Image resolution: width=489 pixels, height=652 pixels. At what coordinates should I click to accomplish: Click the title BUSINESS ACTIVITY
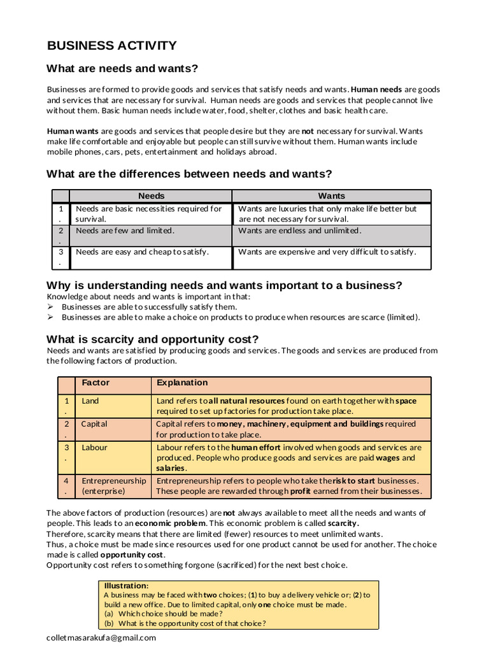[112, 45]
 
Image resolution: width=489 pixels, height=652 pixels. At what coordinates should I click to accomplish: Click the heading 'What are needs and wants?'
[122, 69]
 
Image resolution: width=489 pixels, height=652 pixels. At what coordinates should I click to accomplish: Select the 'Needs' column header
[151, 196]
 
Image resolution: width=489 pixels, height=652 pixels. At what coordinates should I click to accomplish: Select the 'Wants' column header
[331, 196]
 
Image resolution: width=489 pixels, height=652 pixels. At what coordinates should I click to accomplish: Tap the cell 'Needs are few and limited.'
[125, 230]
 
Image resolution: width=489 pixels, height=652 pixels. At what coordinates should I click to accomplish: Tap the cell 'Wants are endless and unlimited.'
[299, 230]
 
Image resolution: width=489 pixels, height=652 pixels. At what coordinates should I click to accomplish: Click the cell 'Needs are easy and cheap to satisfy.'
[142, 252]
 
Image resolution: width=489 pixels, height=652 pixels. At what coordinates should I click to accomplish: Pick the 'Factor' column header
[96, 383]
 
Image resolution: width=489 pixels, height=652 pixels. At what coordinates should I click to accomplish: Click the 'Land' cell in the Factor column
[90, 401]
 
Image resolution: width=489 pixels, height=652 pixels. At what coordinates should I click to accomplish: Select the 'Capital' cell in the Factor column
[94, 424]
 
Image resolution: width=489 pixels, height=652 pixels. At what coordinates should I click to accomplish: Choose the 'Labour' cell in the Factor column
[94, 448]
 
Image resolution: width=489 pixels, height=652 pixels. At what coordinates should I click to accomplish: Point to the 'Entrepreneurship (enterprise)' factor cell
[113, 486]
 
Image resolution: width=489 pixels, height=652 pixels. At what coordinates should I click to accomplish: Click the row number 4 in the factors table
[66, 481]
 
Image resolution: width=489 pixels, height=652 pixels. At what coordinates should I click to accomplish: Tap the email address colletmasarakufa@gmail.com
[101, 637]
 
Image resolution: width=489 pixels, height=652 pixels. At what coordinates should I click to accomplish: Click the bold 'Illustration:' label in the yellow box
[126, 585]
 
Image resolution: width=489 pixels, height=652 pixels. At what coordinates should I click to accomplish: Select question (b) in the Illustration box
[185, 623]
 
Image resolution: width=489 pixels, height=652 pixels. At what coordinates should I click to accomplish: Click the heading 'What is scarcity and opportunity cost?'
[153, 339]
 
